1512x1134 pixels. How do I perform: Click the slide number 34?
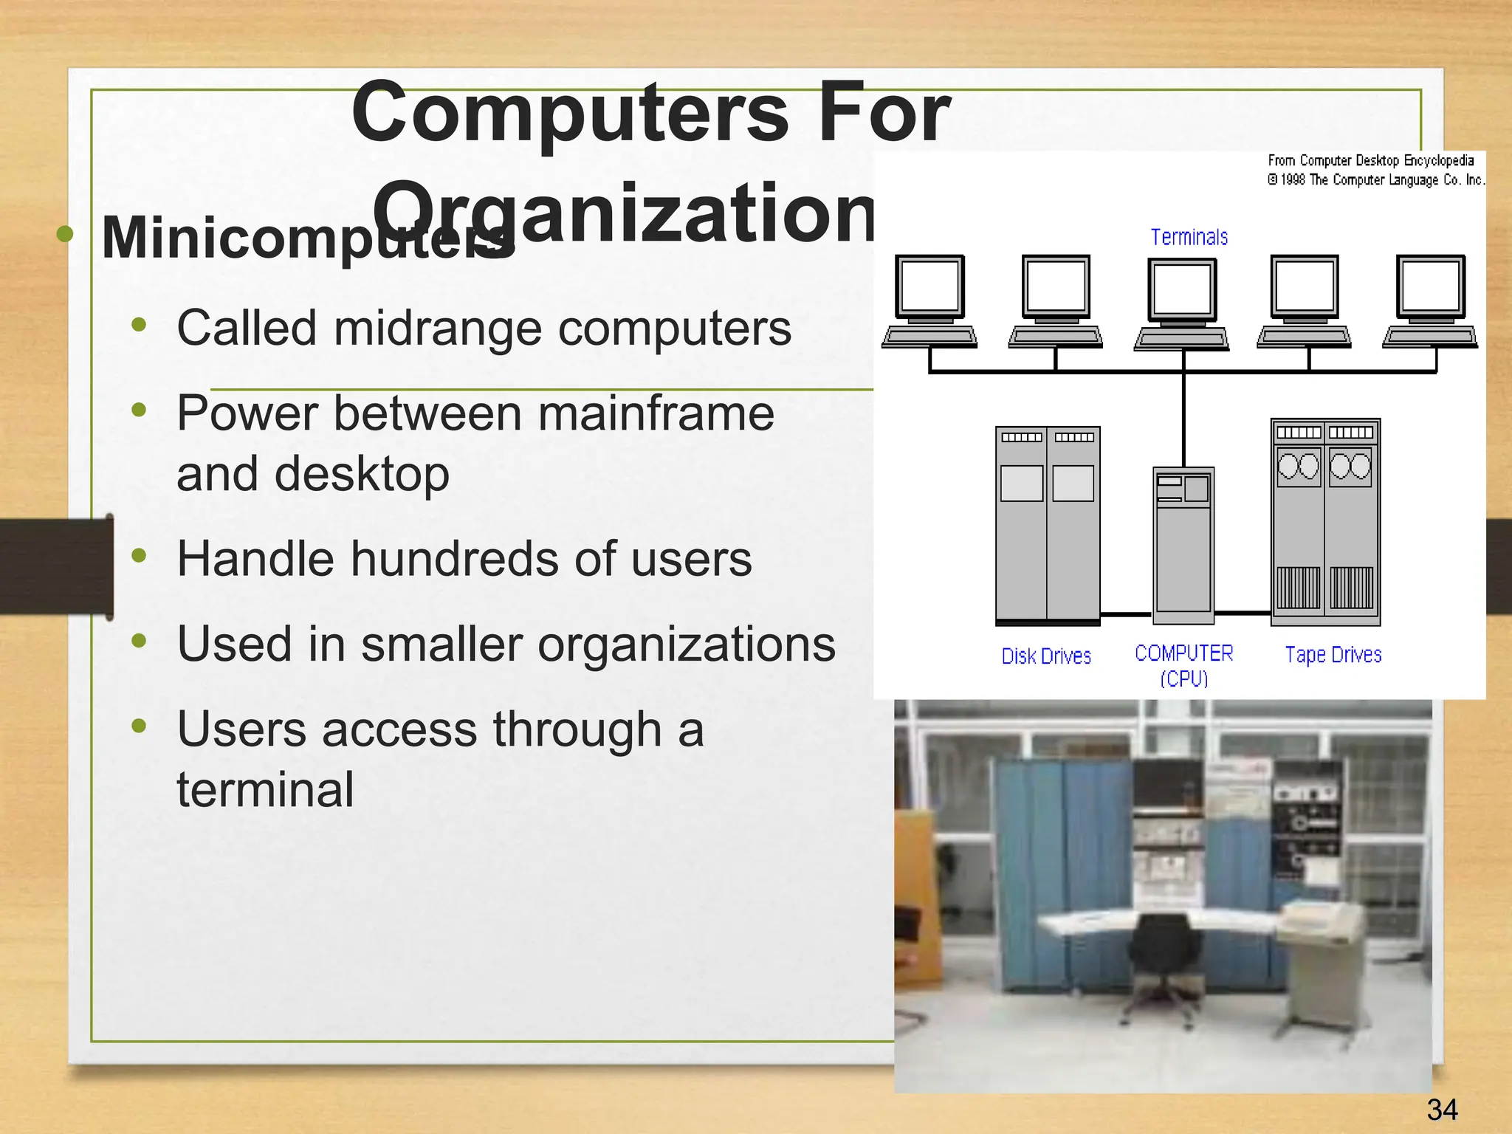click(1442, 1110)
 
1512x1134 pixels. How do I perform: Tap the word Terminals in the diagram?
click(1189, 238)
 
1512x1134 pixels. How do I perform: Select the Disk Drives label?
click(1045, 656)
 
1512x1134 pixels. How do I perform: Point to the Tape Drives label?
click(1333, 655)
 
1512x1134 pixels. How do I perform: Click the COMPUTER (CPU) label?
click(1183, 664)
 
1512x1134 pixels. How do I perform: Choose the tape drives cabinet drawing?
click(1325, 521)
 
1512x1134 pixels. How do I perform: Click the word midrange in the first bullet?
click(438, 328)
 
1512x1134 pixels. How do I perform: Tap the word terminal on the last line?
click(265, 789)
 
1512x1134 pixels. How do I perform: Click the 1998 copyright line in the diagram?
click(1375, 180)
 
